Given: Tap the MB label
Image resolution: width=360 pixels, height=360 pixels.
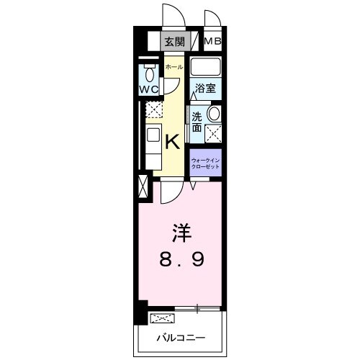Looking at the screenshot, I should tap(213, 41).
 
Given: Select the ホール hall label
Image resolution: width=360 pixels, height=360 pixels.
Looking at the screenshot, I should tap(174, 67).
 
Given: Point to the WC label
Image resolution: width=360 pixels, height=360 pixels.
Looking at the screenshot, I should tap(149, 90).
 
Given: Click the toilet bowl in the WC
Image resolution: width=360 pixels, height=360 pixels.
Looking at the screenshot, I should tap(150, 73).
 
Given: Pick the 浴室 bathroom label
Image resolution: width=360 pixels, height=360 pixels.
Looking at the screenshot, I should tap(205, 89).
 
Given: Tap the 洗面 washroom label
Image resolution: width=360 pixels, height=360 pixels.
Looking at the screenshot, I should tap(197, 121).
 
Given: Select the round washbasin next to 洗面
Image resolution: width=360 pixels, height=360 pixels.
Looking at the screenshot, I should tap(213, 113).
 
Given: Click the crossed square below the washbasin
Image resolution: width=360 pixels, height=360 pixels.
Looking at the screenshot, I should tap(213, 132).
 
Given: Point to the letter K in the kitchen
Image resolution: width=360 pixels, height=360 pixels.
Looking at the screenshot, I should tap(173, 141).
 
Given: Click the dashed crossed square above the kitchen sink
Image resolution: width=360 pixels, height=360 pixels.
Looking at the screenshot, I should tap(153, 110).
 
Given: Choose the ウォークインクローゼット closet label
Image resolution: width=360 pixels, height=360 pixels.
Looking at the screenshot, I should tap(205, 162).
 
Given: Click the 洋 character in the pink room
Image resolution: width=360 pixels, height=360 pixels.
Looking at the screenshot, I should tap(181, 233).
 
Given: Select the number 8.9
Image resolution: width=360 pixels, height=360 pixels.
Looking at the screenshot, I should tap(181, 259).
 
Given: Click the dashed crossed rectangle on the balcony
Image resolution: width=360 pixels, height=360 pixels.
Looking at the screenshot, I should tap(162, 318).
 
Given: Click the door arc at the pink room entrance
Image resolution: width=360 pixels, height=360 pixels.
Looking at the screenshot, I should tap(171, 192).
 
